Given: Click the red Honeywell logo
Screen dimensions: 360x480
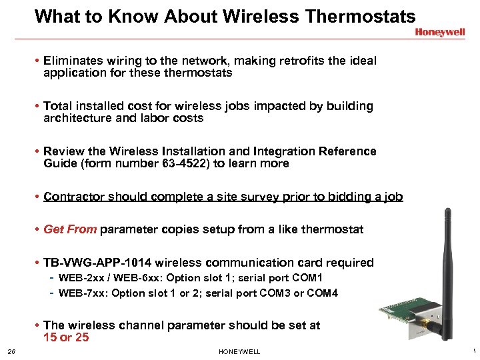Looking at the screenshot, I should click(441, 31).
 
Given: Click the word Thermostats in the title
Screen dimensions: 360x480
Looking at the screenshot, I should click(360, 16).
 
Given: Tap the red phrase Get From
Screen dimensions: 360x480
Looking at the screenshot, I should click(70, 229).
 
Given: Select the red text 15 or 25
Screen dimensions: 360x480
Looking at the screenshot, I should click(66, 337).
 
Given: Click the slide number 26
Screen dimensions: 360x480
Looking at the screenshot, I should click(11, 352).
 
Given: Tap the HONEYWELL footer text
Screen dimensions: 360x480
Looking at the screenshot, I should click(239, 352).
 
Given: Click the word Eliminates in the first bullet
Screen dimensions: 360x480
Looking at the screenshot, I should click(73, 61).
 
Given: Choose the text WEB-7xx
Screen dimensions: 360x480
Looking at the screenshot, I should click(79, 293).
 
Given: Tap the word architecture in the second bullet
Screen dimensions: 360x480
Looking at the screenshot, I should click(76, 118).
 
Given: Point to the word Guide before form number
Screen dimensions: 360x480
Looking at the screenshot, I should click(59, 163).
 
